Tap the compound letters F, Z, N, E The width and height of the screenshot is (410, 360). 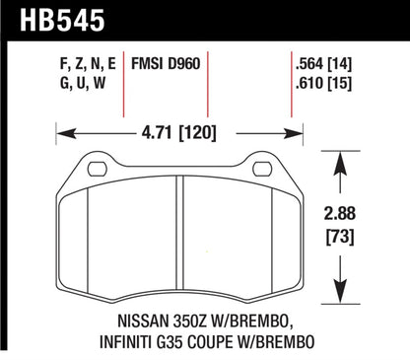tap(88, 60)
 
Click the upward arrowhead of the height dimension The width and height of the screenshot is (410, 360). tap(341, 157)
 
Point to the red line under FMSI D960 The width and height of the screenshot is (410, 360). tap(206, 99)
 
